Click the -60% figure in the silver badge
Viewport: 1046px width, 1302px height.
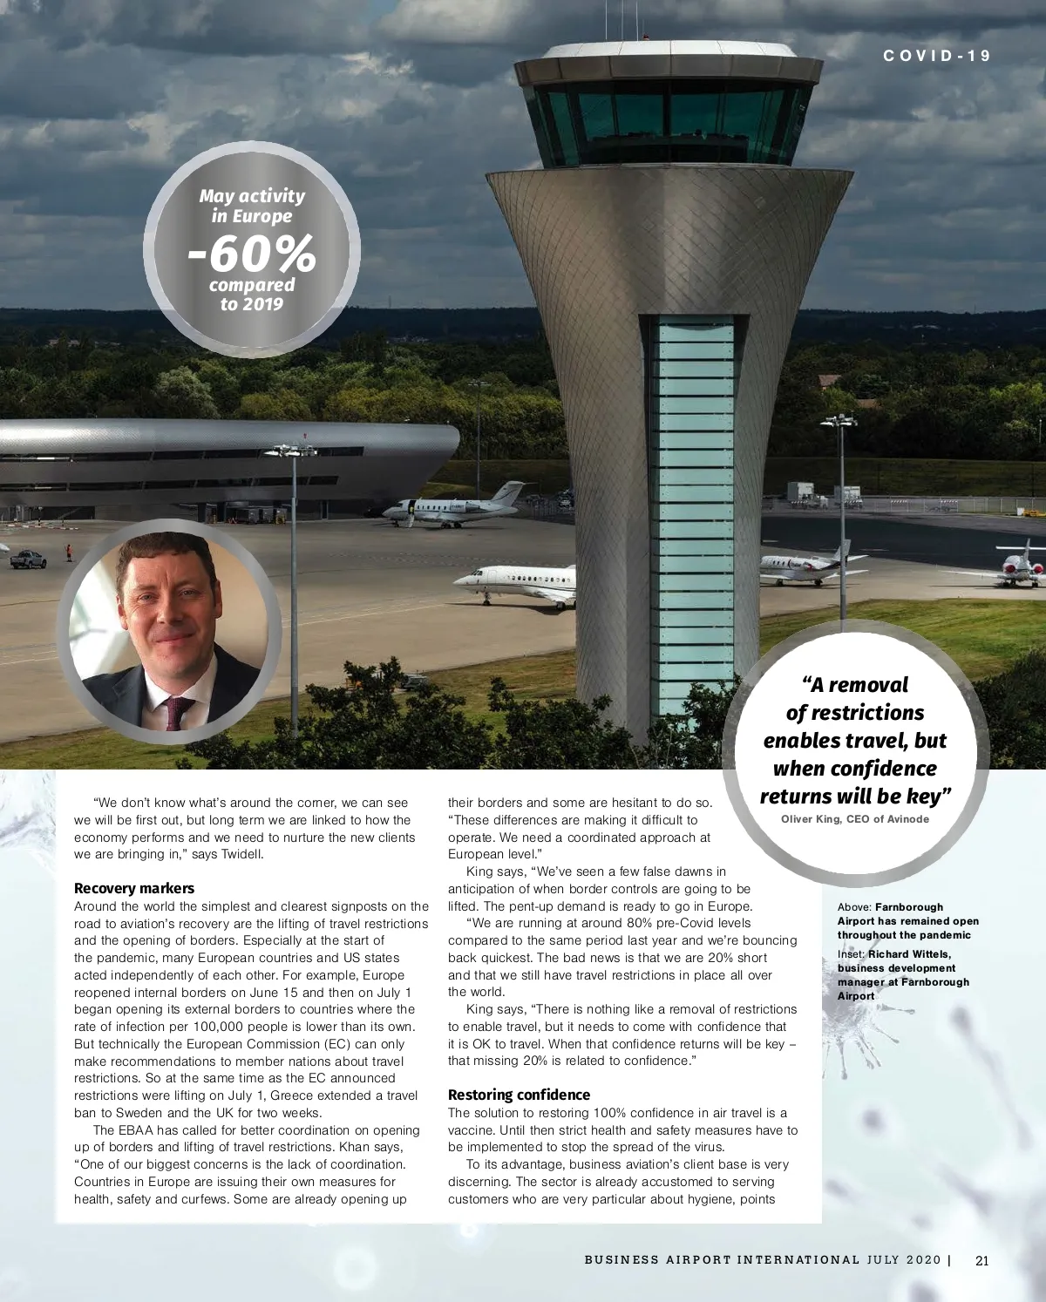252,254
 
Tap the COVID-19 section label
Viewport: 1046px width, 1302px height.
937,56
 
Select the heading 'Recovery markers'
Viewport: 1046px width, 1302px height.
134,888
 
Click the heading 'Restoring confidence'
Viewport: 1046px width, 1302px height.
519,1095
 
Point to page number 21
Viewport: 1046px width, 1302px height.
982,1260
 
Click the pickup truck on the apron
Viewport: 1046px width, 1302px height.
28,559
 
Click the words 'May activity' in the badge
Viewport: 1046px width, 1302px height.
252,196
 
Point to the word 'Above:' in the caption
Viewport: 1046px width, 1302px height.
854,907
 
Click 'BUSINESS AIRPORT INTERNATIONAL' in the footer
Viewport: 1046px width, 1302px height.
722,1260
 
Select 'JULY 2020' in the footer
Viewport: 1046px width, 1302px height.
904,1260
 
